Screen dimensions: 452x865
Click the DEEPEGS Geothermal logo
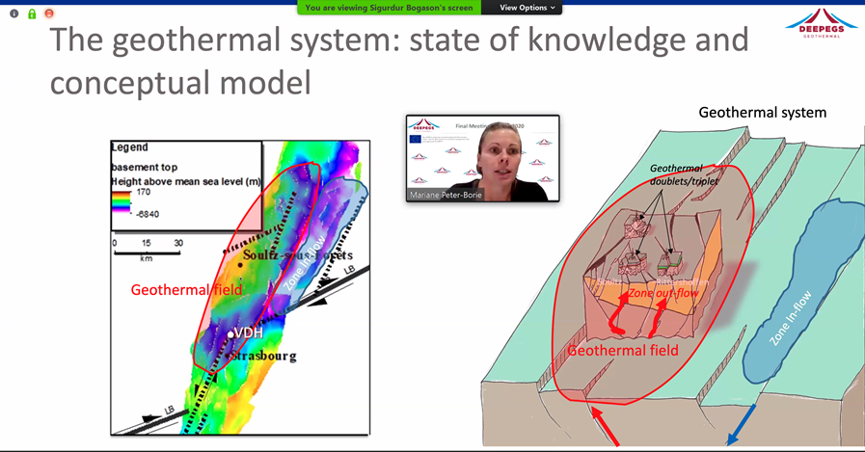821,24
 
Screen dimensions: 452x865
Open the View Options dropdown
527,8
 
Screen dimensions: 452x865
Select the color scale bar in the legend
119,200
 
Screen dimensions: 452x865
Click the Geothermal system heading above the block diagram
762,113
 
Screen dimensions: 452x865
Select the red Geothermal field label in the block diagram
623,350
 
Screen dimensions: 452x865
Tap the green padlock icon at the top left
32,13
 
